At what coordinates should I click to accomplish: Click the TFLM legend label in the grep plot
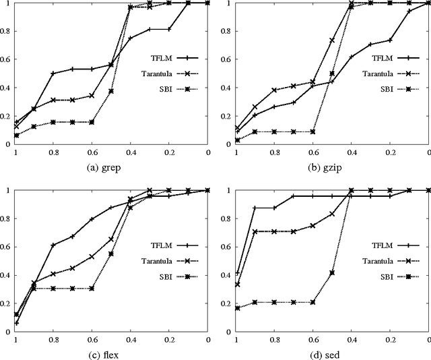(x=145, y=58)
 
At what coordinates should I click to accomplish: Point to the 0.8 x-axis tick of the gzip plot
(x=274, y=154)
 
